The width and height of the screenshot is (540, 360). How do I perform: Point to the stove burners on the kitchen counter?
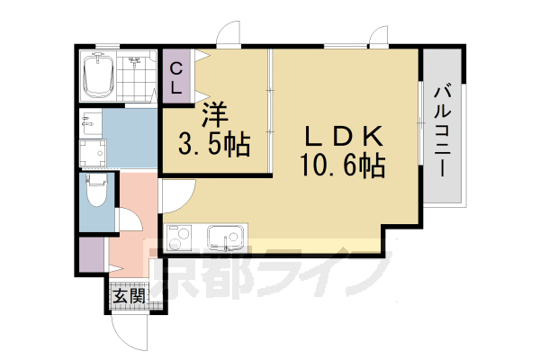[x=180, y=238]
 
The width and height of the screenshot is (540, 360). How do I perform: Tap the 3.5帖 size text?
[x=213, y=142]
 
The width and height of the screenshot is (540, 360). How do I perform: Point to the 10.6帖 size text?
[x=344, y=166]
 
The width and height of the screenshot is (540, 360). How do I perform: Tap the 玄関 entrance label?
[x=126, y=295]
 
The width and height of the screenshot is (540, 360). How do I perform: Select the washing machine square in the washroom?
[x=92, y=153]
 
